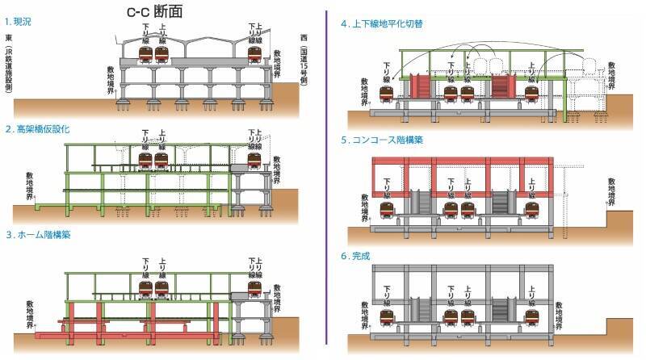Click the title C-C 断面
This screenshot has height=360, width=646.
point(159,12)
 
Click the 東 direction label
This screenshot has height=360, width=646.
point(7,38)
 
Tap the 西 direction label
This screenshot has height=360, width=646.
point(304,37)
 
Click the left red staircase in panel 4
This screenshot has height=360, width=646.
point(419,86)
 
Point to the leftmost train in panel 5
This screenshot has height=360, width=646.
point(388,210)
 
